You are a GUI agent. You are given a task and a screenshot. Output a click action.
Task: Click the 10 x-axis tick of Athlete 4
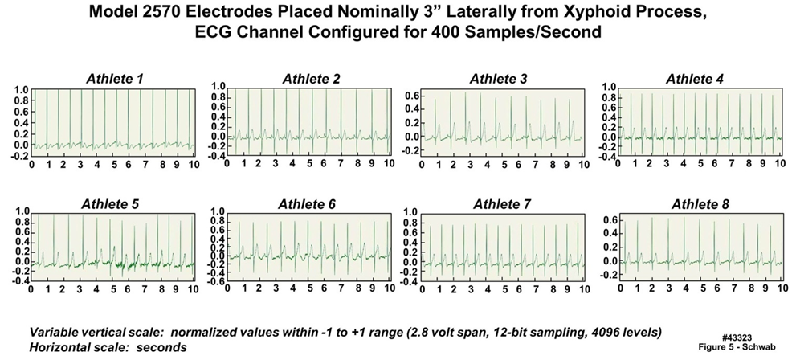778,163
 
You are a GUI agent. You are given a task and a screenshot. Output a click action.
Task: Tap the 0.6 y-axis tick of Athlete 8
608,219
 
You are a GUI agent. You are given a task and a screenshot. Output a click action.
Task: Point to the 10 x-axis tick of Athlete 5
193,289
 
